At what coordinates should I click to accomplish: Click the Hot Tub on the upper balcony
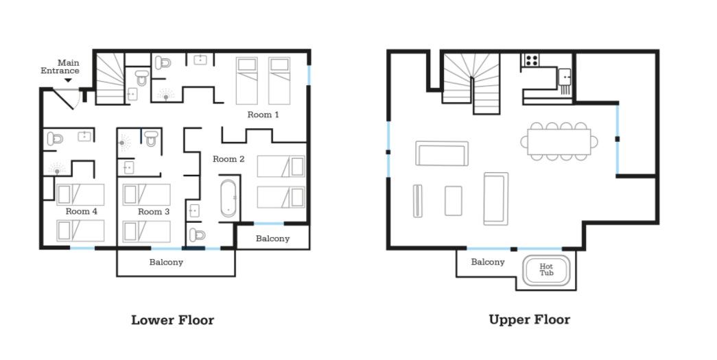pos(546,270)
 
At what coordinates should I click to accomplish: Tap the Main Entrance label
pos(60,67)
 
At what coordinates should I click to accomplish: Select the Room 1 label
pos(263,115)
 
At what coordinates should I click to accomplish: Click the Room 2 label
pos(228,159)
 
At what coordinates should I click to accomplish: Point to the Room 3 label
pos(154,211)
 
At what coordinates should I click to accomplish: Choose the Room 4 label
pos(82,211)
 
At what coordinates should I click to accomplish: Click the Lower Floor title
pos(172,320)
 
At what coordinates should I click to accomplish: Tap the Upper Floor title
pos(530,320)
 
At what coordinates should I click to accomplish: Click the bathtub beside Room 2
pos(228,198)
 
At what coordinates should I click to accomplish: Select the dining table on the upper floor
pos(559,142)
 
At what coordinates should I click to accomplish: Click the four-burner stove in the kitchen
pos(531,60)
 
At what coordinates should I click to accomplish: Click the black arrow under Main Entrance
pos(68,80)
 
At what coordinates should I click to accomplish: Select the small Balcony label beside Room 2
pos(272,239)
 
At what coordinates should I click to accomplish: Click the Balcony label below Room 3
pos(166,262)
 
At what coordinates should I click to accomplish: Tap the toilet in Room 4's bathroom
pos(55,139)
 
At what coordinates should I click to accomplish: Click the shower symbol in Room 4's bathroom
pos(57,170)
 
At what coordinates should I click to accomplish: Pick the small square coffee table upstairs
pos(453,200)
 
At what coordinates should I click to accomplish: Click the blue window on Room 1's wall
pos(309,75)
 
